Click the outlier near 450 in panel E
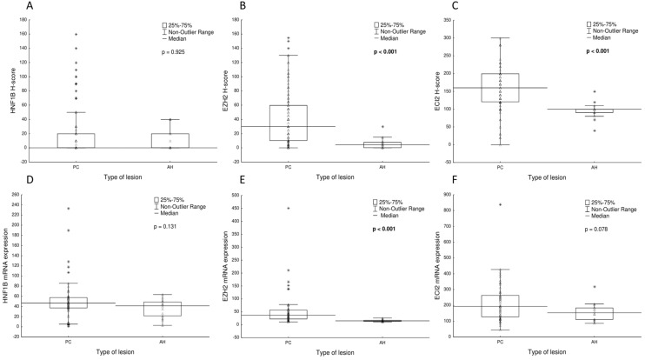point(286,209)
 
